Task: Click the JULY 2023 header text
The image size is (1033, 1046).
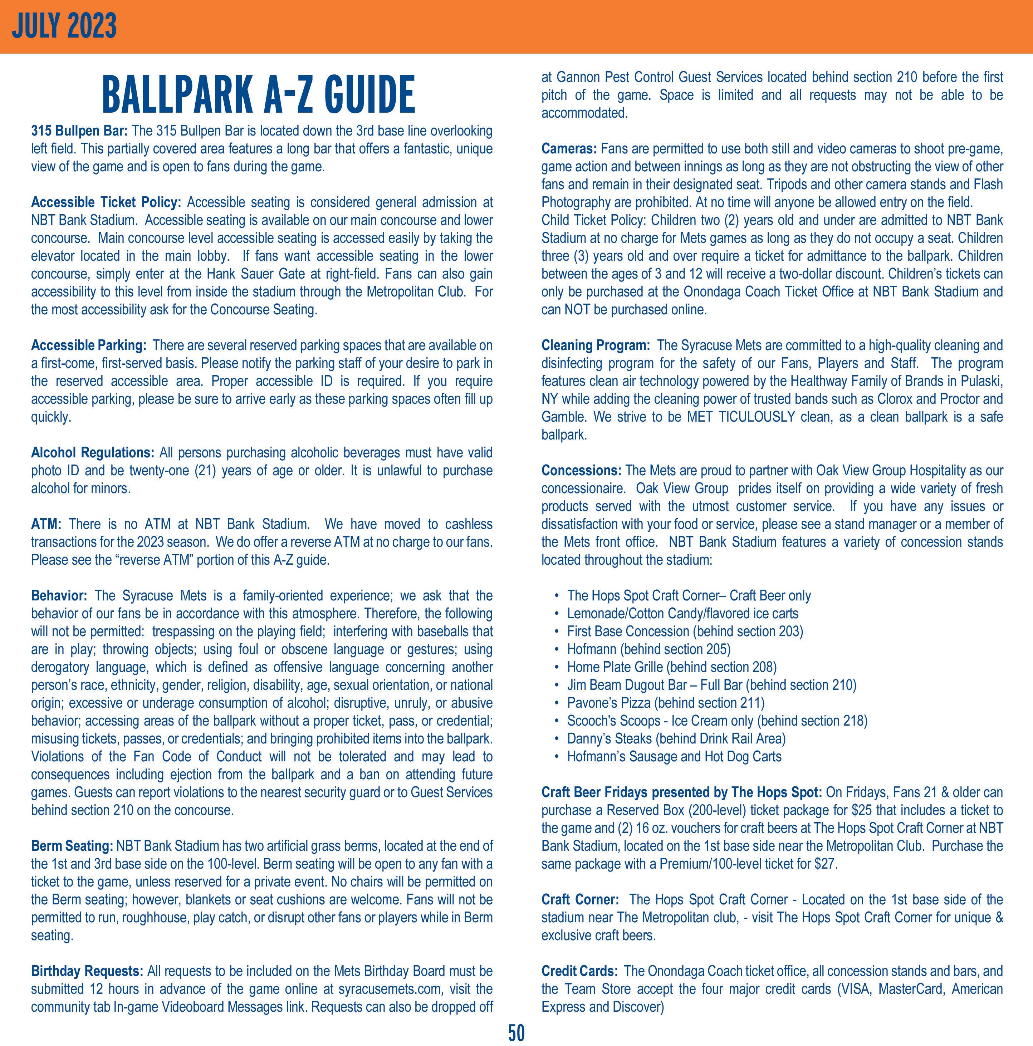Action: point(64,26)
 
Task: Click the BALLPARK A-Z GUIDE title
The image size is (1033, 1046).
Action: point(258,94)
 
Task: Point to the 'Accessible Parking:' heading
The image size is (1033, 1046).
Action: point(89,345)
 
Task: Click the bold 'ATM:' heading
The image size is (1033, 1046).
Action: point(46,524)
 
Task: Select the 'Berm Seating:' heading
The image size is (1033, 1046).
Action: point(72,846)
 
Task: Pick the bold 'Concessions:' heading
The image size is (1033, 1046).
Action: point(582,471)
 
